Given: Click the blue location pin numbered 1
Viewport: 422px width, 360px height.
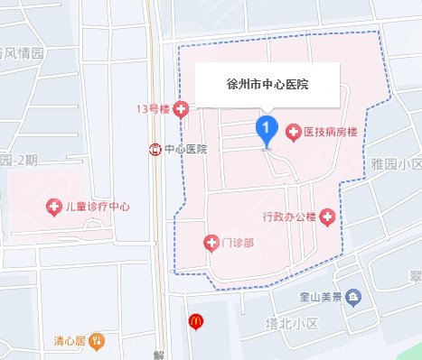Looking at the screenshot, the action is click(266, 130).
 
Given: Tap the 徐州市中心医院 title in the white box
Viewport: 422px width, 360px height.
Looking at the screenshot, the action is click(267, 85).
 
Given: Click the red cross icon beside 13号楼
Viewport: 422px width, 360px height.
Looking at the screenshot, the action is click(182, 110).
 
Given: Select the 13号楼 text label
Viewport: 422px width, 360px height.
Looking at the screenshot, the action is click(153, 110).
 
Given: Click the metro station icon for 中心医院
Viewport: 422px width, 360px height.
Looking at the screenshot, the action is click(155, 148).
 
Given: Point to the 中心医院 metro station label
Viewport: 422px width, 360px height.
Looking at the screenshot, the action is click(185, 148).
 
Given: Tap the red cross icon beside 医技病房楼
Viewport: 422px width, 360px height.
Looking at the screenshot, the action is click(293, 133).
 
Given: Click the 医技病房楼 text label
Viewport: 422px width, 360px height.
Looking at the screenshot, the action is click(332, 133).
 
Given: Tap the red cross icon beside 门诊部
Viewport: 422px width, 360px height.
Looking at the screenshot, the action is click(211, 243).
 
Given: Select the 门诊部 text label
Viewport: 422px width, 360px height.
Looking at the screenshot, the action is click(238, 243).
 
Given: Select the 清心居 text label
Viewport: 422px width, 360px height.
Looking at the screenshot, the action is click(68, 341).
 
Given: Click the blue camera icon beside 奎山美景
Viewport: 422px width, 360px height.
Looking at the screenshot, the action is click(355, 297).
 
